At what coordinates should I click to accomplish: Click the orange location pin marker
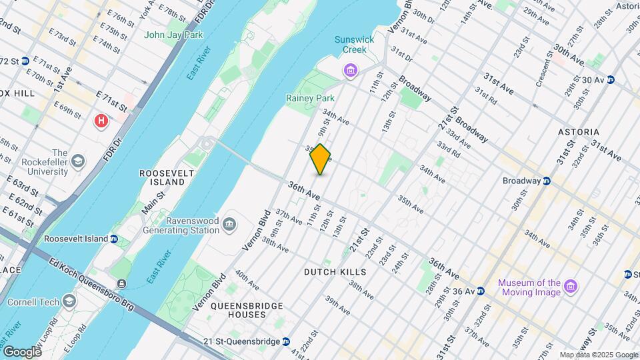(x=321, y=159)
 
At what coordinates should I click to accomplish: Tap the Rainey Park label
(x=310, y=98)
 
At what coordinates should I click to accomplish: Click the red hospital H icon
(x=101, y=121)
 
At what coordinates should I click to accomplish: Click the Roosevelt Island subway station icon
(x=114, y=239)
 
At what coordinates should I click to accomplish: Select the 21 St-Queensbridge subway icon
(x=286, y=341)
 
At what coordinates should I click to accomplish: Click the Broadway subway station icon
(x=546, y=181)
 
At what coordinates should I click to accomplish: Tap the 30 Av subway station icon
(x=610, y=80)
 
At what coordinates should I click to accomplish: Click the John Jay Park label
(x=173, y=35)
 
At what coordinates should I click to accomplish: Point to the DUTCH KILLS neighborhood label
(x=335, y=272)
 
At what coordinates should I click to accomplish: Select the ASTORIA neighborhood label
(x=579, y=132)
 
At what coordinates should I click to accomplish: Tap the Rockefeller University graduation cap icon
(x=79, y=161)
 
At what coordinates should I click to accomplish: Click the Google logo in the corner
(x=22, y=351)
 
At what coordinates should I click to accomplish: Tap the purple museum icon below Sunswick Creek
(x=349, y=70)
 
